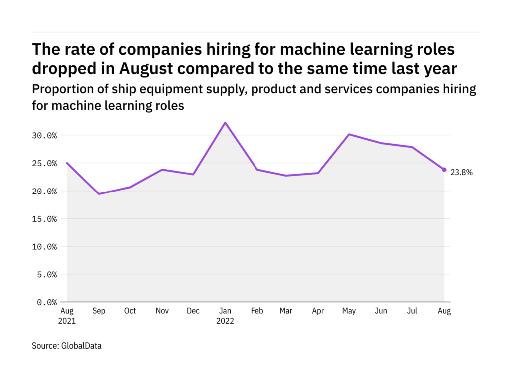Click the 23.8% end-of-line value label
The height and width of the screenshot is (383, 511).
click(461, 173)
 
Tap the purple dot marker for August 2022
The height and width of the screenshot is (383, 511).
click(444, 170)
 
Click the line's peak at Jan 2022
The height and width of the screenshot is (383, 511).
click(225, 122)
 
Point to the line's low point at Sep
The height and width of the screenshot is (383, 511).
click(99, 194)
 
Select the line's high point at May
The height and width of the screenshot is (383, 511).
click(349, 134)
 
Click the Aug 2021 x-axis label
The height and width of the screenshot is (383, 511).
click(67, 316)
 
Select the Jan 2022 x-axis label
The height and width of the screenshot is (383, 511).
click(225, 316)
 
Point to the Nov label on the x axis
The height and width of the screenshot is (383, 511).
click(162, 311)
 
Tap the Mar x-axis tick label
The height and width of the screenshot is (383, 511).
click(286, 311)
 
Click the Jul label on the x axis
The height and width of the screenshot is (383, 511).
click(413, 311)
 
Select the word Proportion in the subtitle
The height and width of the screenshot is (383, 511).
click(60, 89)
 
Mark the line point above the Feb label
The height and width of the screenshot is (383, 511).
click(256, 170)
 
